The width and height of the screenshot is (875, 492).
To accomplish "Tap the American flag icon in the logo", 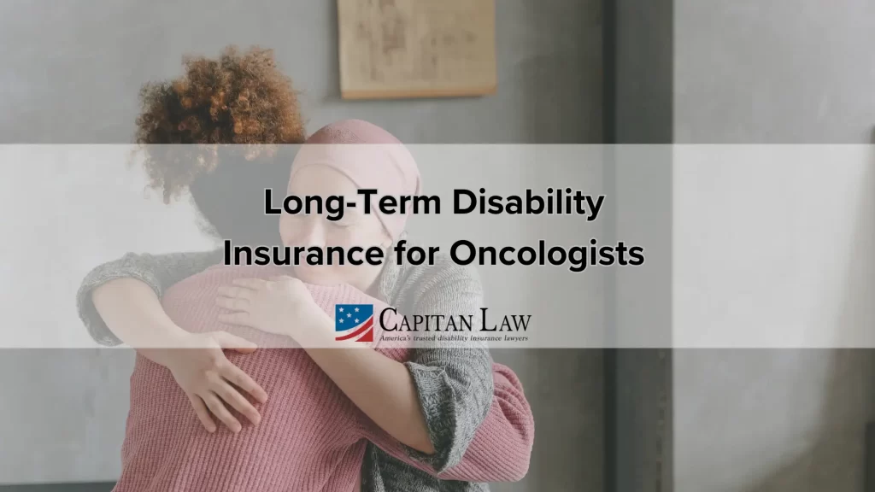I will click(354, 323).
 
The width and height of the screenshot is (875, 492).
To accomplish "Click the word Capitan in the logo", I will click(432, 321).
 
